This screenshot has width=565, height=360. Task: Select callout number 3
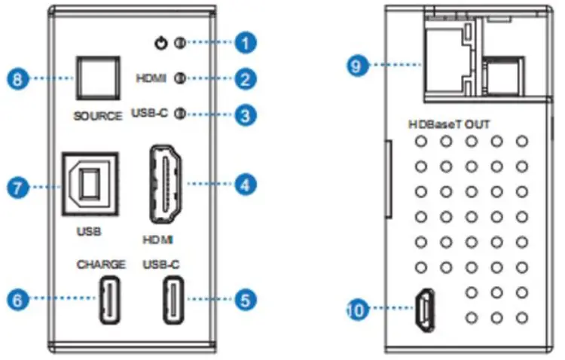(x=243, y=114)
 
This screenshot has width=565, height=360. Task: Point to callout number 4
(x=243, y=182)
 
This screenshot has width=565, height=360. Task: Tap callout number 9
(x=359, y=66)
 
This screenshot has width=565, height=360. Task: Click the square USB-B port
(x=89, y=184)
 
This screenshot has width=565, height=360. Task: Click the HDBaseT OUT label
(x=447, y=124)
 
